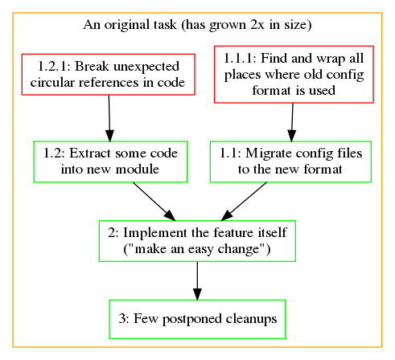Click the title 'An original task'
130,25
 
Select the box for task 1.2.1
109,75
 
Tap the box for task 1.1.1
294,75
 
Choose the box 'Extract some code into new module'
110,162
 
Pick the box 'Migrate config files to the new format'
290,162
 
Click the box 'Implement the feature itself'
197,241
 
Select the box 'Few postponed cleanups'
197,319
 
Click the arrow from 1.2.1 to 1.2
109,118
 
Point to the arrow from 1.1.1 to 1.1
292,122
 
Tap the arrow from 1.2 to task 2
154,202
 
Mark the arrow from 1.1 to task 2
244,202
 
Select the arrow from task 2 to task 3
197,280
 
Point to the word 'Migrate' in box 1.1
269,153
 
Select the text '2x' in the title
257,25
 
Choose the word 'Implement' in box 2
155,233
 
